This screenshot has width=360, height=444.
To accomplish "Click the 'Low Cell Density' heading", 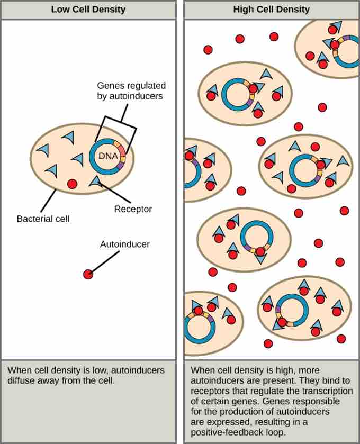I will (88, 10).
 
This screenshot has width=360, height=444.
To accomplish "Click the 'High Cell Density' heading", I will (272, 10).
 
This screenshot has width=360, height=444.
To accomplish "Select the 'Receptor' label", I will (133, 209).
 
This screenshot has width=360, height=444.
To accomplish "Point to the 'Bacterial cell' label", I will (43, 218).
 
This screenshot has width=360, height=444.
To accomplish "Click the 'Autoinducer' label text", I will (125, 244).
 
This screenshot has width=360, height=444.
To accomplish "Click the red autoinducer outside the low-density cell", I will (88, 274).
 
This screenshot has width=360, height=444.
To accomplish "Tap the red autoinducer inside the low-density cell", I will (73, 184).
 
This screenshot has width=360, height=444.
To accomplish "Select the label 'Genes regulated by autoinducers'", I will (131, 90).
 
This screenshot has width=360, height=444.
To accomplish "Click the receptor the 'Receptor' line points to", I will (95, 182).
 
